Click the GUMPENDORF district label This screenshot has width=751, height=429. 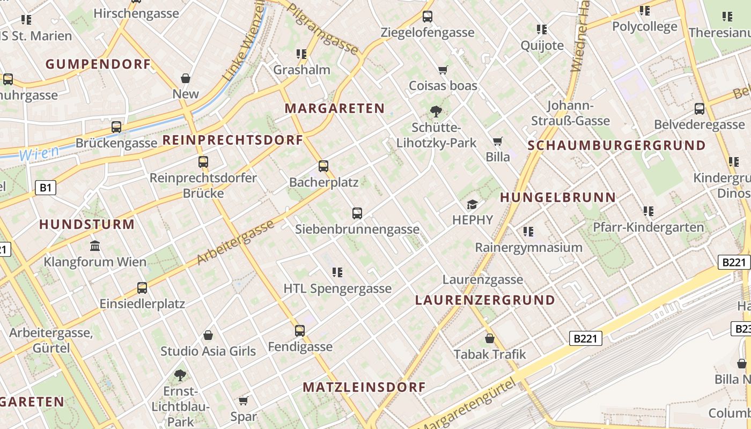click(98, 64)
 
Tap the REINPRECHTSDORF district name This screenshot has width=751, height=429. click(233, 140)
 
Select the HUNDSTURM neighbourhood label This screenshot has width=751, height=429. click(87, 224)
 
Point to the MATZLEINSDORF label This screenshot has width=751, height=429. click(364, 387)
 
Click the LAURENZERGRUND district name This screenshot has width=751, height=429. click(485, 300)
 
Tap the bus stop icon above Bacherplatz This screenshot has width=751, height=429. click(323, 166)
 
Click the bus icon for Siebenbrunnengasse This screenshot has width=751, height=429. click(357, 213)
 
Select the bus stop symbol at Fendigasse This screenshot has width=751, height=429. click(300, 331)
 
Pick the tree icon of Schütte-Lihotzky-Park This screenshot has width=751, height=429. click(436, 112)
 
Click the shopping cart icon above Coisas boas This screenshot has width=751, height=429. click(443, 70)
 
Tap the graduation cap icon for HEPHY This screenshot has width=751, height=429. click(472, 204)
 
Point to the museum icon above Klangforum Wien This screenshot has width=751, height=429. click(95, 246)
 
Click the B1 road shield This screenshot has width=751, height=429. click(46, 187)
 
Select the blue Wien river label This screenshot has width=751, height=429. click(39, 153)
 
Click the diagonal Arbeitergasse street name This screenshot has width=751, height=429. click(235, 243)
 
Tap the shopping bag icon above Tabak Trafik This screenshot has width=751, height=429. click(490, 338)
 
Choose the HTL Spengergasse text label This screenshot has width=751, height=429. click(337, 289)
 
